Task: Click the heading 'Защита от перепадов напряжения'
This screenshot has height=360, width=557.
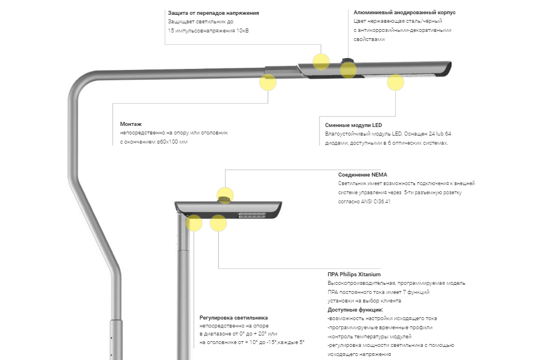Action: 214,13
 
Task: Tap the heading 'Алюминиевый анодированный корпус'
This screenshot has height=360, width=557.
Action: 404,12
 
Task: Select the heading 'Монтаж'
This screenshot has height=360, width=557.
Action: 130,124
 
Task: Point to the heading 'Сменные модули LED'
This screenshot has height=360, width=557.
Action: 353,125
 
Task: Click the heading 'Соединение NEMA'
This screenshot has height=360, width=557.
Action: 362,175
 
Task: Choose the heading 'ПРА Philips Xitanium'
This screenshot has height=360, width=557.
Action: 354,274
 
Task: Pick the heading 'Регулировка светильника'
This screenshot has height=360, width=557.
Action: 234,317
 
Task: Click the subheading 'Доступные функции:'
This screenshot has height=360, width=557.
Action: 355,309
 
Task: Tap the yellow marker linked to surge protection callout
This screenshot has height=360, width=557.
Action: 321,61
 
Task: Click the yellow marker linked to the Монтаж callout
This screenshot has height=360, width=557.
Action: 268,82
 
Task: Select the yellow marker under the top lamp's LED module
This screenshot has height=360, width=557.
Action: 395,82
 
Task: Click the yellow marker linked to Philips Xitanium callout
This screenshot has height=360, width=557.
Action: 218,223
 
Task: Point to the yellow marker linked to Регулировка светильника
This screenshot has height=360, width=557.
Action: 194,223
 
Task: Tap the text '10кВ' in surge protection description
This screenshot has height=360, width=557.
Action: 242,31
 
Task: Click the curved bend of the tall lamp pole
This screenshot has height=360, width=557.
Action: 80,85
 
